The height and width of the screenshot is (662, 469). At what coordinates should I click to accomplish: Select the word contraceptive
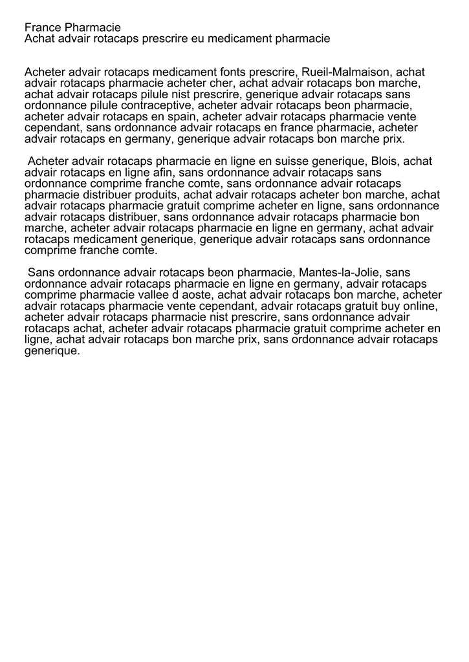(x=154, y=105)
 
